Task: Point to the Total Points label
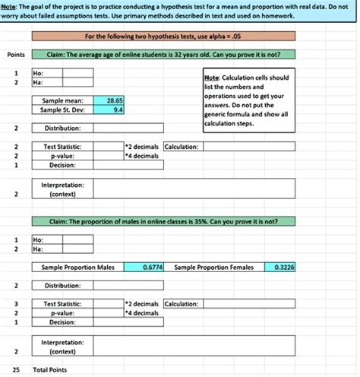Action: pyautogui.click(x=49, y=370)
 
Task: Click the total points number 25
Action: pyautogui.click(x=15, y=370)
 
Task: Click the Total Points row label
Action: pyautogui.click(x=49, y=370)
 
